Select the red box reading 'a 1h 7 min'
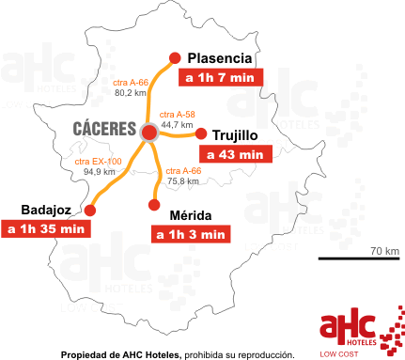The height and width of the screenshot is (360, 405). tap(219, 78)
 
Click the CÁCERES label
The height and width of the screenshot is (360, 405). tap(103, 128)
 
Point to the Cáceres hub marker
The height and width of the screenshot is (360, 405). tap(148, 133)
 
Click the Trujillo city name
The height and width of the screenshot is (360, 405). tap(241, 134)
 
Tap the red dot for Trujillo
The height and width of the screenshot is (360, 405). tap(199, 133)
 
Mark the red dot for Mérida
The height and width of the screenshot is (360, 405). tap(153, 202)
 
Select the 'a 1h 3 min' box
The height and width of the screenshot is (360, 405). tap(191, 234)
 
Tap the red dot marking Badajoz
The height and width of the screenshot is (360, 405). tap(90, 209)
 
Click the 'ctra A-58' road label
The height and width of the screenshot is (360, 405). tap(178, 113)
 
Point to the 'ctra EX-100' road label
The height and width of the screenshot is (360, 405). tap(97, 162)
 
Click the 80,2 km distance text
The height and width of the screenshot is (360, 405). tap(130, 93)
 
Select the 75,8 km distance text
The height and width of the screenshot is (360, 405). tap(183, 180)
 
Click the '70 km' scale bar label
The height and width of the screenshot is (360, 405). tap(384, 250)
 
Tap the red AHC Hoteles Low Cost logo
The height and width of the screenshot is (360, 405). tap(362, 329)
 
